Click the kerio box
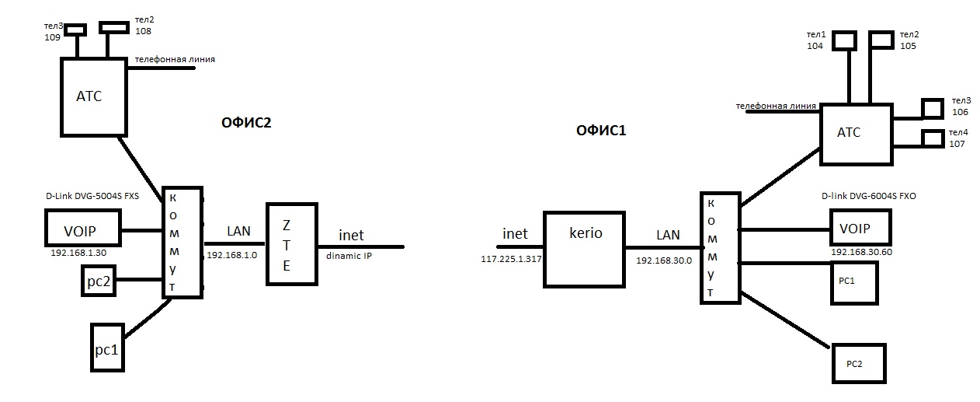[585, 248]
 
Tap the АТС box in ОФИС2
[93, 98]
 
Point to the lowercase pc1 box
[106, 348]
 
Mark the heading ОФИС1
[601, 131]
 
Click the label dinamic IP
[348, 254]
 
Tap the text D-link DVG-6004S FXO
[867, 197]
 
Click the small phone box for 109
[75, 29]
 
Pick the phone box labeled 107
[930, 138]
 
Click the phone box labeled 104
[846, 40]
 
